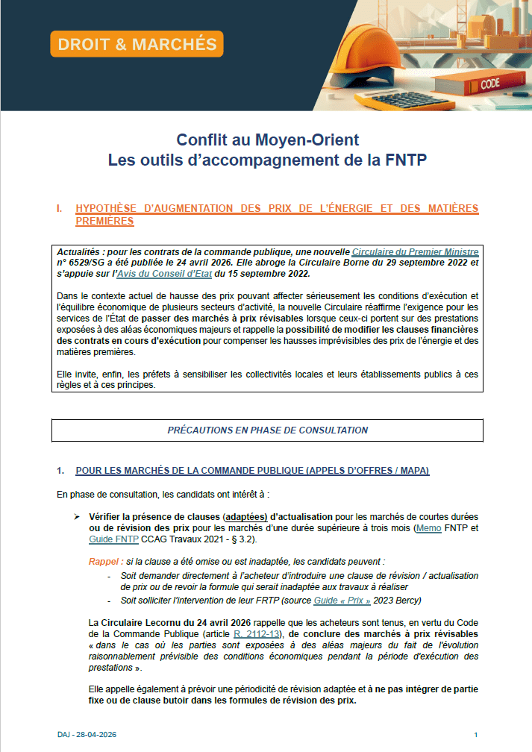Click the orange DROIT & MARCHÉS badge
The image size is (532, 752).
(137, 44)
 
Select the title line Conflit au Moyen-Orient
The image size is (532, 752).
(267, 140)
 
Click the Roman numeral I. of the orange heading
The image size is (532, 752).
(60, 208)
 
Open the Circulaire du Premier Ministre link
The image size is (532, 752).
(415, 252)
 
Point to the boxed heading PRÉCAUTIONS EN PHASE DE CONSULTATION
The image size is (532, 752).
(267, 430)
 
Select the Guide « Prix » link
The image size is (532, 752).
(343, 600)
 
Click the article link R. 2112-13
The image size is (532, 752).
(254, 633)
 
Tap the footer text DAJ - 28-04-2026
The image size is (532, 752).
(87, 734)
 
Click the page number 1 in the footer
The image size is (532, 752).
(475, 734)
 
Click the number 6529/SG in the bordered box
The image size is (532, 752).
(83, 263)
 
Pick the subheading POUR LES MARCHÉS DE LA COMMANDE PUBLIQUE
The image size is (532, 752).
(252, 471)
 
